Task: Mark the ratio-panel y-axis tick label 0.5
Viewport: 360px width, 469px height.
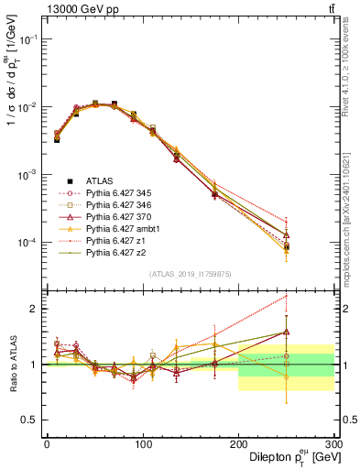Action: tap(29, 419)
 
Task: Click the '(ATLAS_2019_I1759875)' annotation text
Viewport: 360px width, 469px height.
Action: tap(191, 273)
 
